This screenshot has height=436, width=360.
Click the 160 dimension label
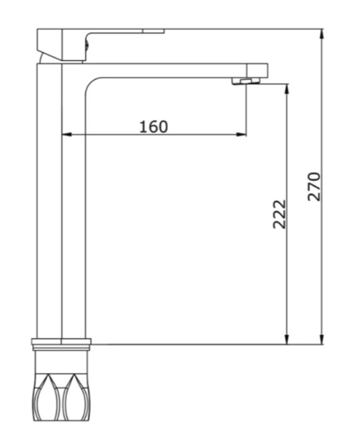pyautogui.click(x=153, y=126)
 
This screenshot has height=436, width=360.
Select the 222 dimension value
pyautogui.click(x=279, y=214)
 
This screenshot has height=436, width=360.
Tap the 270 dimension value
pyautogui.click(x=313, y=186)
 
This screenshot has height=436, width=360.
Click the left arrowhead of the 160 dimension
pyautogui.click(x=66, y=134)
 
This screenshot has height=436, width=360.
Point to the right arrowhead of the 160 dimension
pyautogui.click(x=241, y=134)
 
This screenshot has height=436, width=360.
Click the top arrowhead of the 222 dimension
pyautogui.click(x=287, y=89)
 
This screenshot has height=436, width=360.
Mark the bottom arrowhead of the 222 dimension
pyautogui.click(x=287, y=339)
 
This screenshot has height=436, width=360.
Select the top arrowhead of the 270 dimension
pyautogui.click(x=321, y=34)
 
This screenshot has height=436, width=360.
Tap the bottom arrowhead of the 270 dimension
pyautogui.click(x=321, y=339)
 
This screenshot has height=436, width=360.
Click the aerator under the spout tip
pyautogui.click(x=246, y=81)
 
